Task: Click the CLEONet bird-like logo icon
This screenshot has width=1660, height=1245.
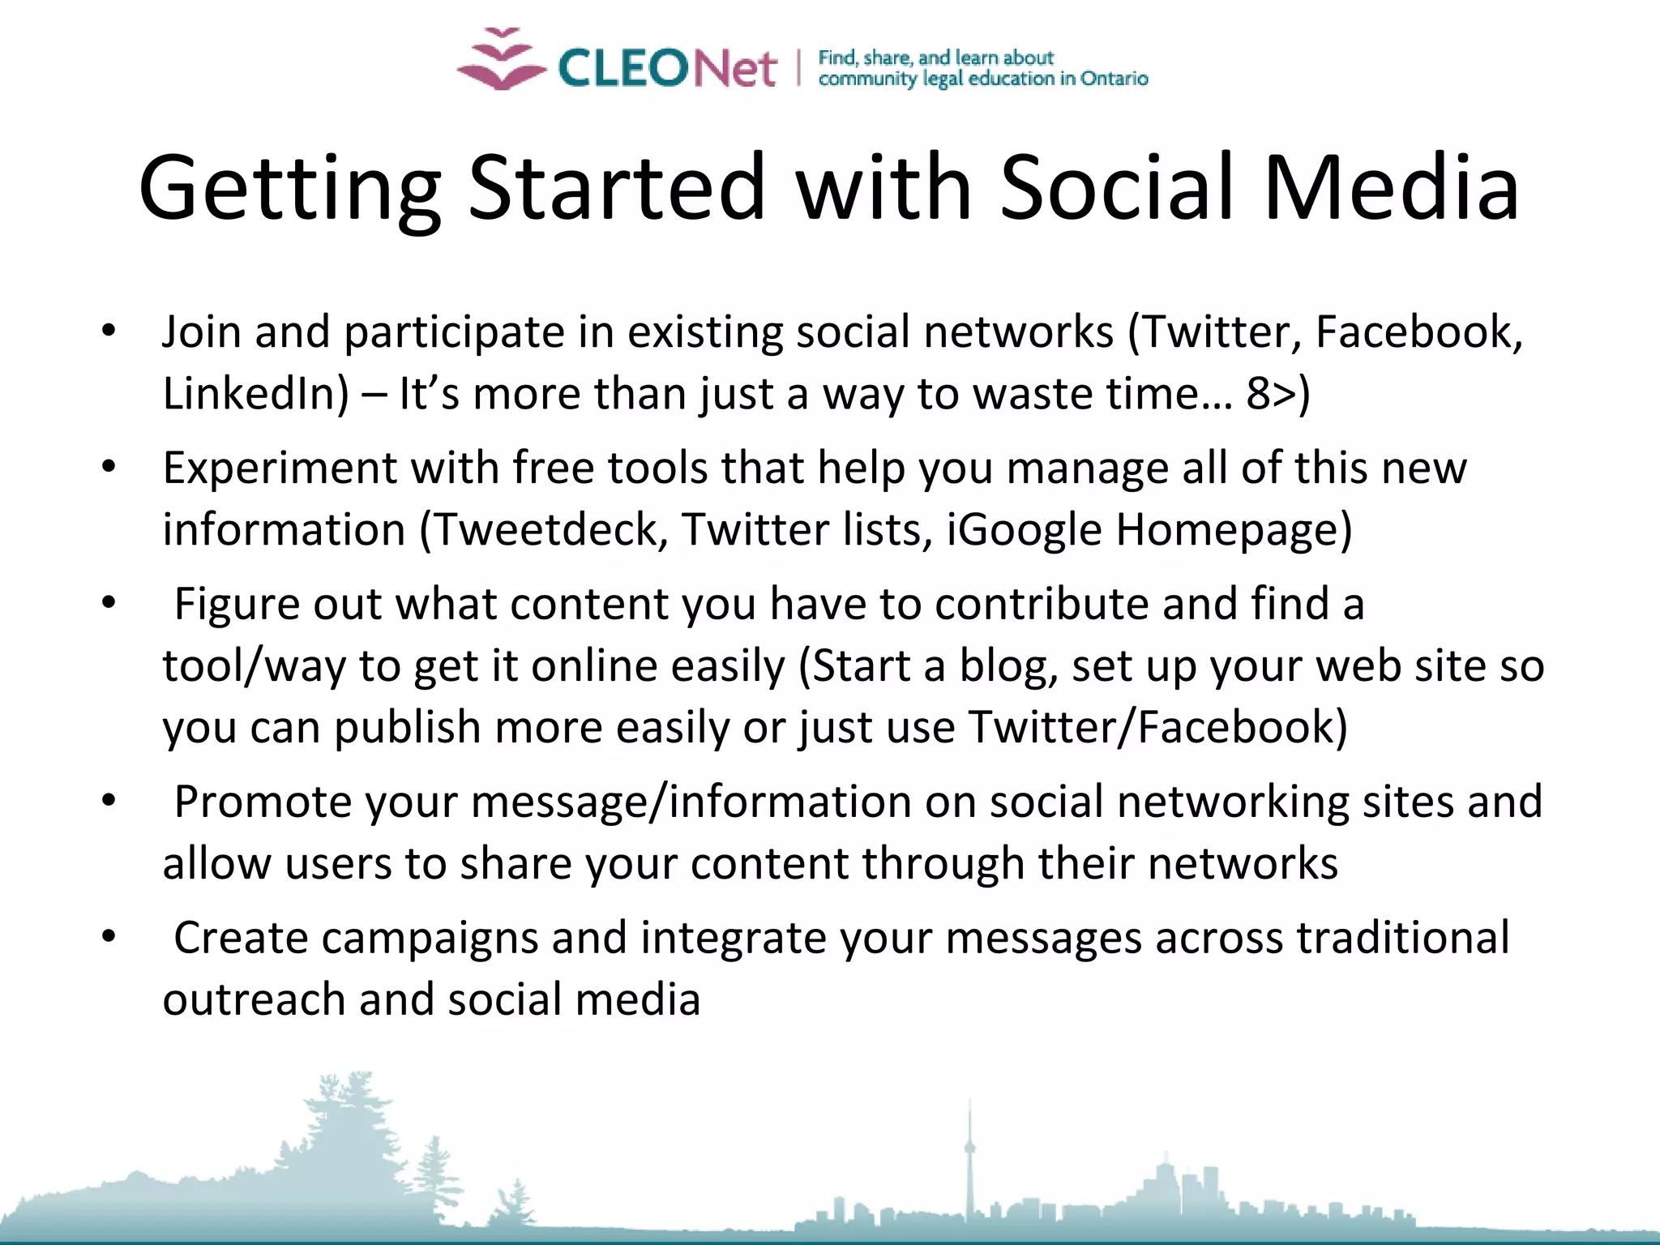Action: coord(502,60)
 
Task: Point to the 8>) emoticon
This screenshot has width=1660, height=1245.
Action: coord(1277,394)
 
